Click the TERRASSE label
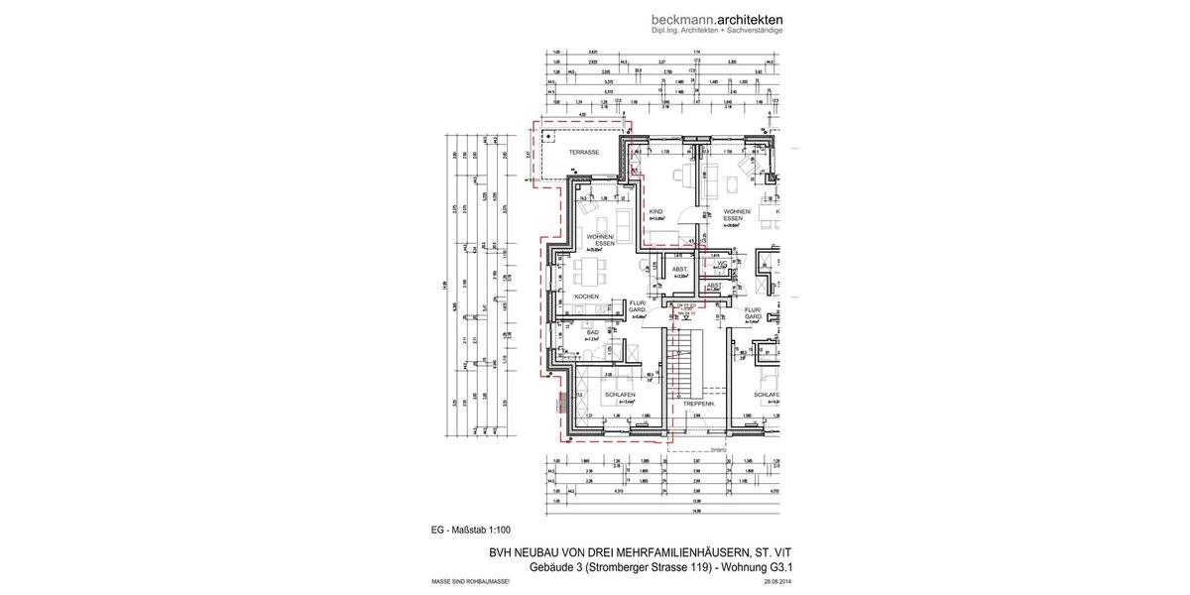click(x=583, y=153)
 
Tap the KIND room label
click(x=654, y=212)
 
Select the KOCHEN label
click(x=585, y=297)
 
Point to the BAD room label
click(x=592, y=332)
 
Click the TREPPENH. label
click(x=700, y=404)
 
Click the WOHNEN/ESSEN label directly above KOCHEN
click(x=601, y=240)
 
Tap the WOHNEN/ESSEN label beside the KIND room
click(x=737, y=215)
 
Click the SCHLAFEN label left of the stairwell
click(x=620, y=395)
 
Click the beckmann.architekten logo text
click(x=717, y=19)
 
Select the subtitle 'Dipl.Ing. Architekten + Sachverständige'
click(x=717, y=31)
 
